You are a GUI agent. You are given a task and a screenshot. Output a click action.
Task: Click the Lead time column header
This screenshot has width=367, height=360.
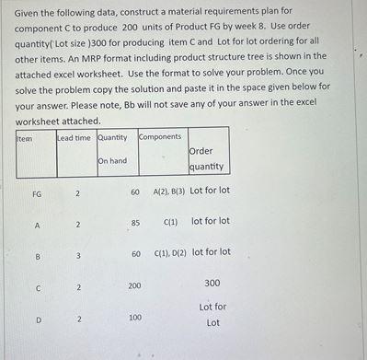click(x=75, y=138)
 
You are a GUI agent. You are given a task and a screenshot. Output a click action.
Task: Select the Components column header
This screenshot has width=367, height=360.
click(x=160, y=137)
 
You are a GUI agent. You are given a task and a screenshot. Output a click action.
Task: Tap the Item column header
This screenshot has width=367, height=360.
click(x=25, y=138)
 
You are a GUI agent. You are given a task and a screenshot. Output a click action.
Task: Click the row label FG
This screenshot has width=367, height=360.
click(x=37, y=192)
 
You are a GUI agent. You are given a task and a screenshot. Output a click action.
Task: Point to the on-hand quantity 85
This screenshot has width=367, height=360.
click(x=135, y=223)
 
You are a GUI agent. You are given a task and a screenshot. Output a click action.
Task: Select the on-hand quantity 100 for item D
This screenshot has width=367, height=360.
click(x=135, y=317)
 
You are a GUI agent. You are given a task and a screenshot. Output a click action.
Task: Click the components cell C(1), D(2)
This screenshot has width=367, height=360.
click(x=170, y=252)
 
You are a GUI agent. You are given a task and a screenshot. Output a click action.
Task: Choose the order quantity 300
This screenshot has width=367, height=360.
click(x=212, y=283)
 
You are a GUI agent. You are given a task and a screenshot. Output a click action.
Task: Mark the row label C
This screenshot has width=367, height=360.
click(x=38, y=287)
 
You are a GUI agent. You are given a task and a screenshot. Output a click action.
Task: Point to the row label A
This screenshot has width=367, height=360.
click(x=38, y=224)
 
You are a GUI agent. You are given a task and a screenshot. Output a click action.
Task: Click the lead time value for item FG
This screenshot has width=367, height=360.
click(x=78, y=192)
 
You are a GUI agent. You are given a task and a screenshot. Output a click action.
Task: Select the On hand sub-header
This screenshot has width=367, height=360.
click(x=111, y=161)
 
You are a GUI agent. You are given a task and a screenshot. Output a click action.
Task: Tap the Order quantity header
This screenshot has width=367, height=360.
click(x=206, y=158)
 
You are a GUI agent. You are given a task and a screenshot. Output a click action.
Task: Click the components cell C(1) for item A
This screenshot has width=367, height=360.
click(x=170, y=222)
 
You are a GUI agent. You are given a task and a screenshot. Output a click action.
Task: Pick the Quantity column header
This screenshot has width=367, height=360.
click(x=112, y=138)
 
